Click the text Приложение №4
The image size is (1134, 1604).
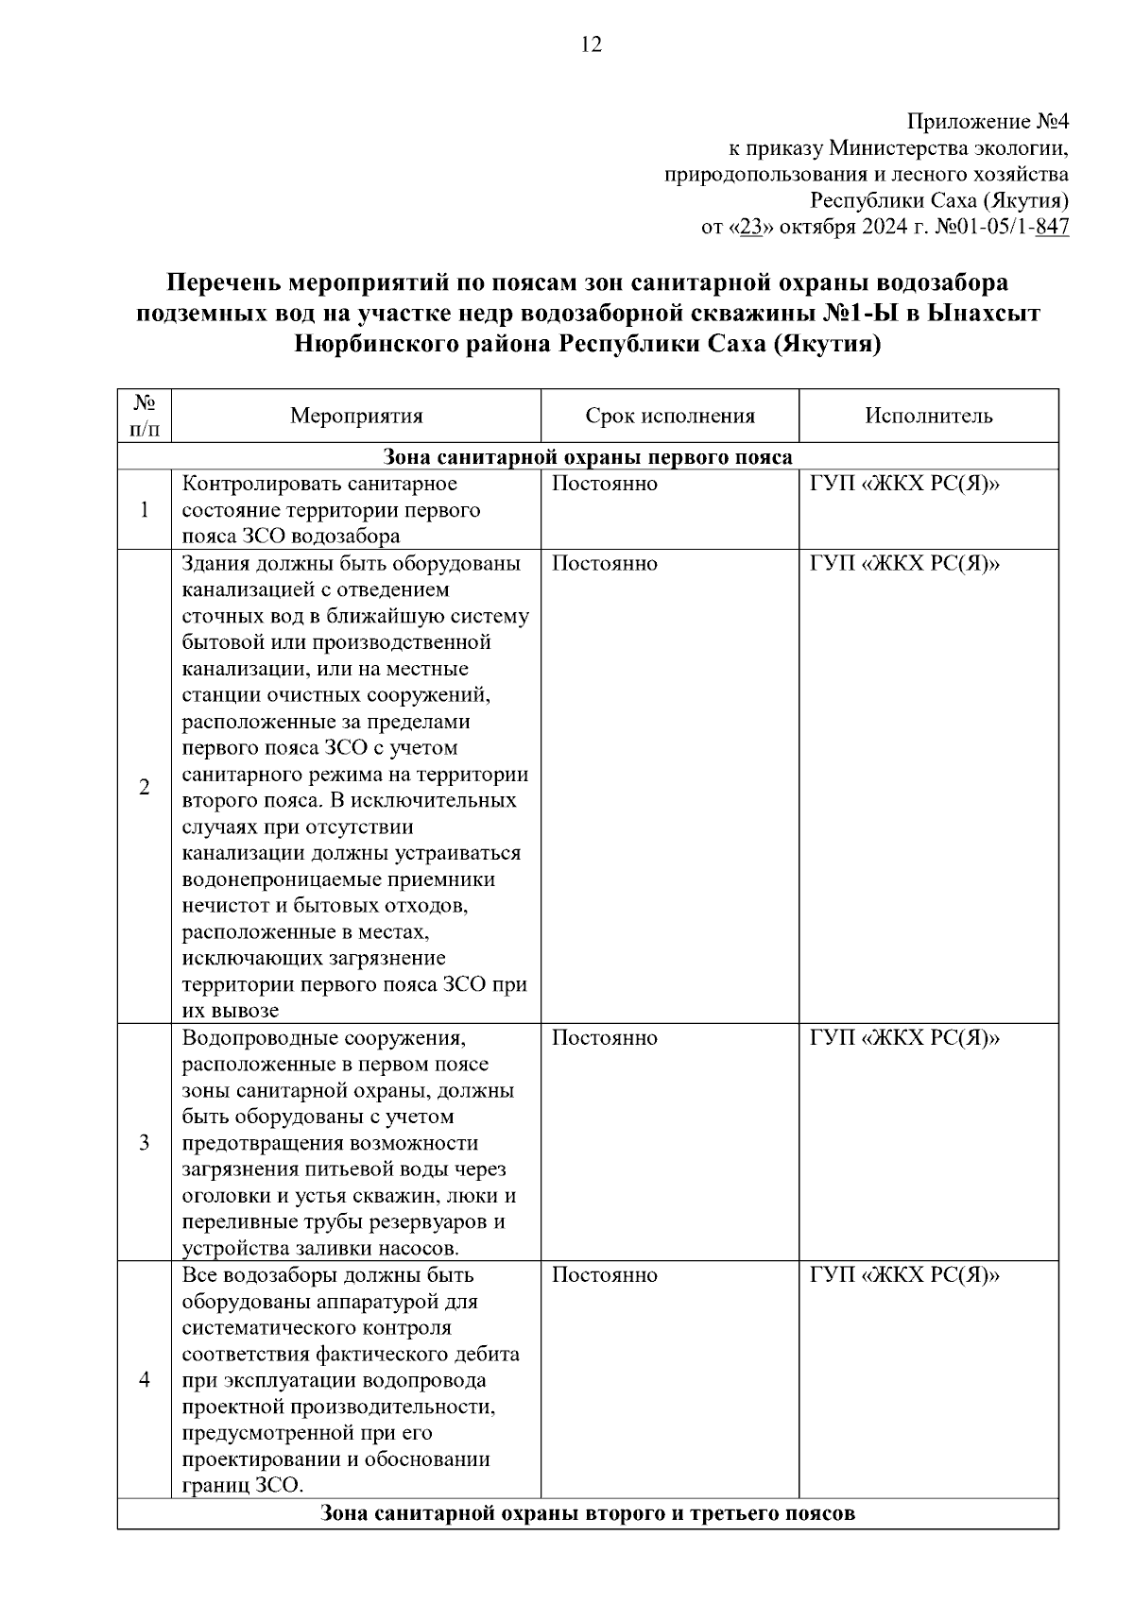988,122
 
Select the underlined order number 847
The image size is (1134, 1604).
1052,228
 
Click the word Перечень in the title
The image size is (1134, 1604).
222,282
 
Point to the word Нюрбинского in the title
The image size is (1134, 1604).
375,343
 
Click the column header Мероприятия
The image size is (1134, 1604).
356,417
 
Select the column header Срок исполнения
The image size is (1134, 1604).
670,417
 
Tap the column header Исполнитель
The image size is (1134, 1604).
928,417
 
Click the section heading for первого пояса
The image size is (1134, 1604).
588,458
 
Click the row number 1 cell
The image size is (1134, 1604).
145,510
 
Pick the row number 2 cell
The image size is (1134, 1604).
145,787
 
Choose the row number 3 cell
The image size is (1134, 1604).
145,1143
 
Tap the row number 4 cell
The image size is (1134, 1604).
145,1380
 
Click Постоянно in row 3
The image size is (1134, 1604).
604,1038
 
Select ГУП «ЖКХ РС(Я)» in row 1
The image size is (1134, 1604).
904,485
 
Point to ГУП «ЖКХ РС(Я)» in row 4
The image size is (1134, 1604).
904,1275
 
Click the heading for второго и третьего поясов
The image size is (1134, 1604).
588,1513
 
